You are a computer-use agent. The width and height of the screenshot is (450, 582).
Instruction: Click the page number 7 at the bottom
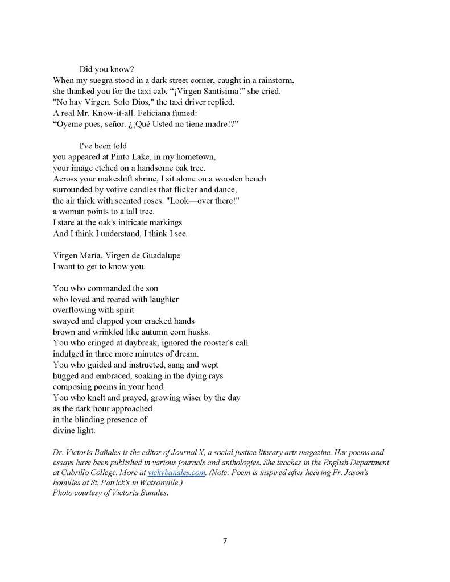[x=225, y=540]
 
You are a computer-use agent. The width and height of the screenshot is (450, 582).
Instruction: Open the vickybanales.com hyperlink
[x=176, y=473]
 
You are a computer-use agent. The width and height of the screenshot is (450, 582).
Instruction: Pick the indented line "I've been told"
[x=103, y=146]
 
